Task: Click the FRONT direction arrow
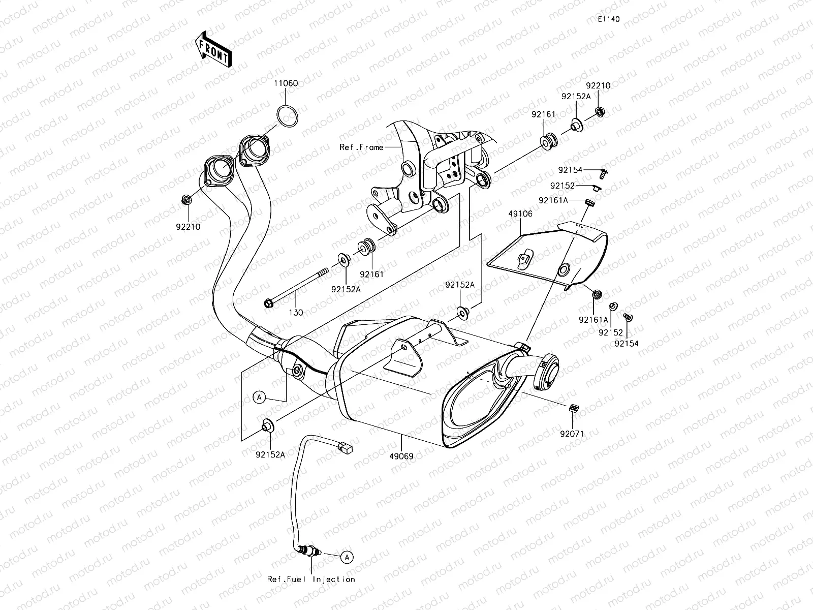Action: click(213, 49)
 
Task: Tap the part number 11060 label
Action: click(286, 83)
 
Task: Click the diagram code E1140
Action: click(608, 19)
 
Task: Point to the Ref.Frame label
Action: click(361, 147)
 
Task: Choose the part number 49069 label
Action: click(401, 456)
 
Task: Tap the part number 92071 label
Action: click(572, 434)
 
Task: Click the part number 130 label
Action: click(296, 313)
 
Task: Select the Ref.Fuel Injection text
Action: click(311, 579)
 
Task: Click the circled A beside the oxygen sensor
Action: click(347, 558)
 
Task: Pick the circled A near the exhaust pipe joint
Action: click(260, 398)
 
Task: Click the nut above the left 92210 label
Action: click(186, 199)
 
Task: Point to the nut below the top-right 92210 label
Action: click(600, 111)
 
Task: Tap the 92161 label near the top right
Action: click(544, 115)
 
